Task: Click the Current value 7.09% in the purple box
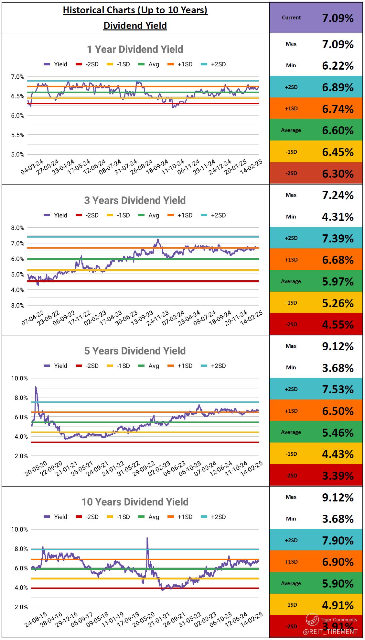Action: click(338, 18)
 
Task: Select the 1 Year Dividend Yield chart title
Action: click(135, 49)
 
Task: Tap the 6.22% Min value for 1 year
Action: click(338, 66)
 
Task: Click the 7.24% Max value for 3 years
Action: click(338, 195)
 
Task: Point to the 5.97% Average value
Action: click(338, 282)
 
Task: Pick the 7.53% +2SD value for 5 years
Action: click(338, 389)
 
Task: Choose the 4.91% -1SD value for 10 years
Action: click(338, 605)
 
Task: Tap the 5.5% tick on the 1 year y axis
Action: click(17, 135)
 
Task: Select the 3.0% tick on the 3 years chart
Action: click(17, 305)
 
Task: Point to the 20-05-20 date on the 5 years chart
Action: click(36, 468)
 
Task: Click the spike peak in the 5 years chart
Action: click(36, 387)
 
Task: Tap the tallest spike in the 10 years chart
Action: click(147, 538)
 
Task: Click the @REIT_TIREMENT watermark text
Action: click(330, 631)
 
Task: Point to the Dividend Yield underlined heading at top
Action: click(135, 26)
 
